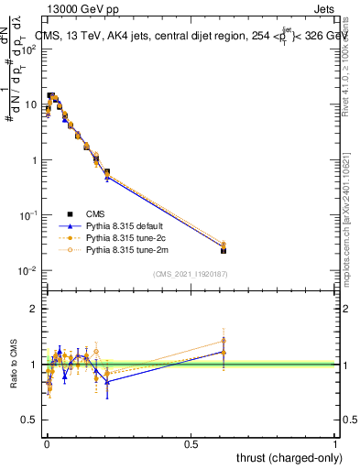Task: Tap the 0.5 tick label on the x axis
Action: (191, 442)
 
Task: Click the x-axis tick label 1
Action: (335, 442)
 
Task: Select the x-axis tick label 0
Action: (46, 442)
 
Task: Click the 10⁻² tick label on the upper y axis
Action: (28, 271)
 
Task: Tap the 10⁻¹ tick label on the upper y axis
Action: (28, 215)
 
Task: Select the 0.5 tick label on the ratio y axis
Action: (31, 420)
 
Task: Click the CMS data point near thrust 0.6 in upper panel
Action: (224, 250)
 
